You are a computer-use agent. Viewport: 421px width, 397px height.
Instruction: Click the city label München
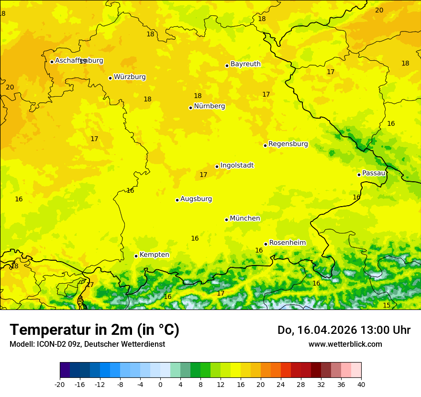245,219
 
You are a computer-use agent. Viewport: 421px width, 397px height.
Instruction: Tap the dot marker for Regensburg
265,145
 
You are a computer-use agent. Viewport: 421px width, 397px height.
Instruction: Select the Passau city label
374,173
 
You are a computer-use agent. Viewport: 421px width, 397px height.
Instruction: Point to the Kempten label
154,255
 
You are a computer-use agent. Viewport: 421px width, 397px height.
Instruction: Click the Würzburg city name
130,77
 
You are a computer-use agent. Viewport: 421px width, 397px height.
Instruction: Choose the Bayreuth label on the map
245,64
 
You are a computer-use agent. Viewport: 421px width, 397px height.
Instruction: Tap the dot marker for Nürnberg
190,108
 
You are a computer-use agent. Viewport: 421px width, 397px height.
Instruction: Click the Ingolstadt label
237,165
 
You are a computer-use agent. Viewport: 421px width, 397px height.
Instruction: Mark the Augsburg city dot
177,200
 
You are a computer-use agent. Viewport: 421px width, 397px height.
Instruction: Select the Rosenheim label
287,243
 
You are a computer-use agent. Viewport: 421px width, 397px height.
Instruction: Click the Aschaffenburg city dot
52,62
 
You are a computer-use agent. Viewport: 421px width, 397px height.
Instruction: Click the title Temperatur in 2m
94,330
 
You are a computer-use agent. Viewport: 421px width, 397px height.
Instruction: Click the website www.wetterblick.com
345,344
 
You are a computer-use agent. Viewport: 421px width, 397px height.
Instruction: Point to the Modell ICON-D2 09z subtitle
87,344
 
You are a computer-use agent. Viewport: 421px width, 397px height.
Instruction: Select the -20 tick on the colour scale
60,385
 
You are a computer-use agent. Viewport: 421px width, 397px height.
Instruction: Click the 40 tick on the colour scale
361,385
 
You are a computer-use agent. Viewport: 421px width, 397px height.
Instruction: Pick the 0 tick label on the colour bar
160,385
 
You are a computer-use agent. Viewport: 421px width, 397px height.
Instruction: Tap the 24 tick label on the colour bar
281,385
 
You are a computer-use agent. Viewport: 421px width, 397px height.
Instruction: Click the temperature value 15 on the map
387,305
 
